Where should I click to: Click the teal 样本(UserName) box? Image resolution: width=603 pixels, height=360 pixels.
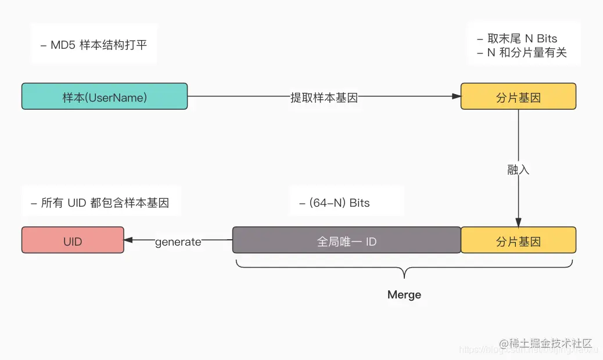105,96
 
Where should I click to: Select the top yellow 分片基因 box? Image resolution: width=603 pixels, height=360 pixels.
518,96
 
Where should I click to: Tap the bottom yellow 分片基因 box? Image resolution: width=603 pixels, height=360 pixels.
518,240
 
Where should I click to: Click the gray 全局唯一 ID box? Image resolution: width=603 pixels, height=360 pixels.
346,240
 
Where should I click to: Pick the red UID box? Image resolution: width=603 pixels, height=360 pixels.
73,240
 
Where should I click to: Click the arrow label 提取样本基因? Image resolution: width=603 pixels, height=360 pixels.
324,98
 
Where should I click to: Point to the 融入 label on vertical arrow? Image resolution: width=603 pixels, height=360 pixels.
518,170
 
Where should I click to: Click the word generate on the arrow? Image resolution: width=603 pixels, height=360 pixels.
178,242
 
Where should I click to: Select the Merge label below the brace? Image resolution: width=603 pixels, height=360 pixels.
404,295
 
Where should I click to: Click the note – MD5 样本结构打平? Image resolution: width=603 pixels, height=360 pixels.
94,45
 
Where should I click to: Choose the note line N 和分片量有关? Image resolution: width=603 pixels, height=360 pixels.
521,53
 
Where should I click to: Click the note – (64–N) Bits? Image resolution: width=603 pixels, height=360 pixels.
335,203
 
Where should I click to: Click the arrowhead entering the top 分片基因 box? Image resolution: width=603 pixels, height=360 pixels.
457,96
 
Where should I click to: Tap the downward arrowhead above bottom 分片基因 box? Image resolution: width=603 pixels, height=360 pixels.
518,223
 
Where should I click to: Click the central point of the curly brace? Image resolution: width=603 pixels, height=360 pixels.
404,273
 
